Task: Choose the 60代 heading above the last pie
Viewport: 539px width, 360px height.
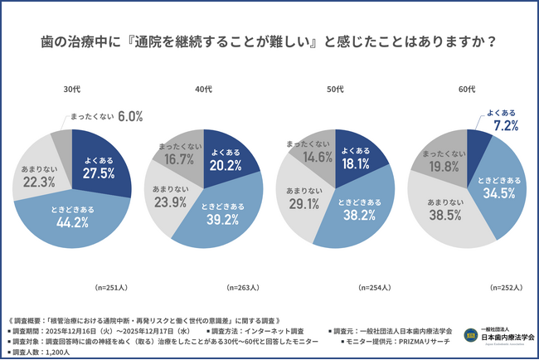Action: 467,88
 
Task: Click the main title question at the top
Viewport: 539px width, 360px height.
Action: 269,40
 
